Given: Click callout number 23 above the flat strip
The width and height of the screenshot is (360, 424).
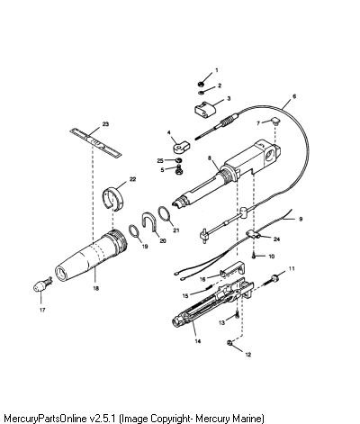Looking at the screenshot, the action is (105, 124).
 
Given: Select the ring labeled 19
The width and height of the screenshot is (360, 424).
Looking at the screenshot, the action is (134, 231).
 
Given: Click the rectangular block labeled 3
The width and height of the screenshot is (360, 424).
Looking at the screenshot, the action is (205, 109).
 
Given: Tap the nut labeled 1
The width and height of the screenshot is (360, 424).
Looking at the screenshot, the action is (202, 84).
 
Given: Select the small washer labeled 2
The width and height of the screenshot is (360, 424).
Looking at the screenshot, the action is (202, 93).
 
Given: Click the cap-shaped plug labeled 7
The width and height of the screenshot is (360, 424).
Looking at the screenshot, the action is (274, 122).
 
